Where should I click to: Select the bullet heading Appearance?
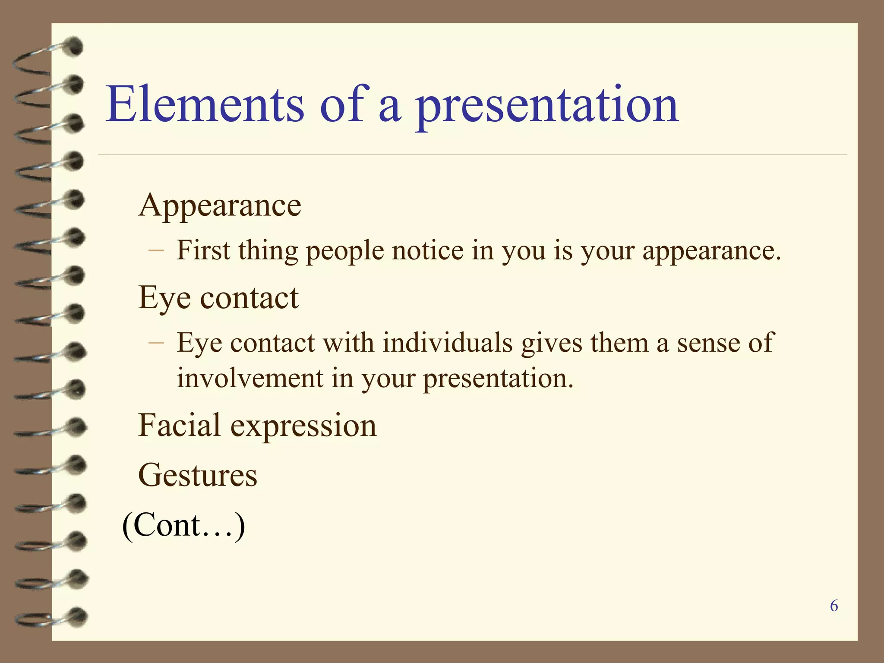220,205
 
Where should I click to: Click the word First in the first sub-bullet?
203,250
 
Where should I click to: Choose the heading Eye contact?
218,298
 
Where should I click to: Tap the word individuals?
448,343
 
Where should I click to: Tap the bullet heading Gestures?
198,475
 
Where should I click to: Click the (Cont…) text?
183,525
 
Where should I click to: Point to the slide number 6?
834,606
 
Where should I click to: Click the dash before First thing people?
156,250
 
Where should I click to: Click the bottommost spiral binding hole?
78,616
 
